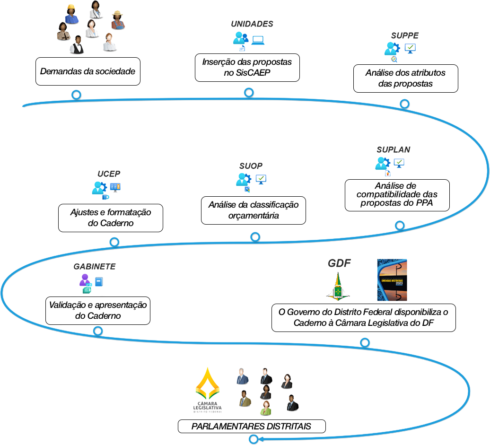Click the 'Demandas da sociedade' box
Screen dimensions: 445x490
point(88,71)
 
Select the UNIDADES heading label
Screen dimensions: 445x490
point(252,24)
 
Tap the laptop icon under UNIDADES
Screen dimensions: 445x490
point(258,40)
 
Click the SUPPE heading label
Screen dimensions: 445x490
point(404,35)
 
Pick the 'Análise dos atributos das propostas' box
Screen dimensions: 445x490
point(405,79)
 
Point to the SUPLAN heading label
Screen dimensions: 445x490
point(393,149)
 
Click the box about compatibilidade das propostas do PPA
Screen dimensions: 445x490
point(397,194)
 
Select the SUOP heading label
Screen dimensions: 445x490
point(251,166)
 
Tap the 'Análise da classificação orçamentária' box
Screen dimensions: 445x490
point(254,210)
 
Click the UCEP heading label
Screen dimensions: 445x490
point(109,174)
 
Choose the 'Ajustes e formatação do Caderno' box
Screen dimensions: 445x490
point(111,218)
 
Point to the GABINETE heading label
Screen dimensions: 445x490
point(95,267)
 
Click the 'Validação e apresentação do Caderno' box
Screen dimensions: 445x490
point(98,311)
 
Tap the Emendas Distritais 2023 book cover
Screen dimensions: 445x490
point(392,280)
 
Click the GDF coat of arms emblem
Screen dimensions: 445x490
point(338,287)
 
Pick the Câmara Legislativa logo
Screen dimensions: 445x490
point(208,390)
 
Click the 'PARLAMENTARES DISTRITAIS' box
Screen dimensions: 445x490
point(252,426)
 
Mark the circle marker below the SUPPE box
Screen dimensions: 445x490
point(404,104)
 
